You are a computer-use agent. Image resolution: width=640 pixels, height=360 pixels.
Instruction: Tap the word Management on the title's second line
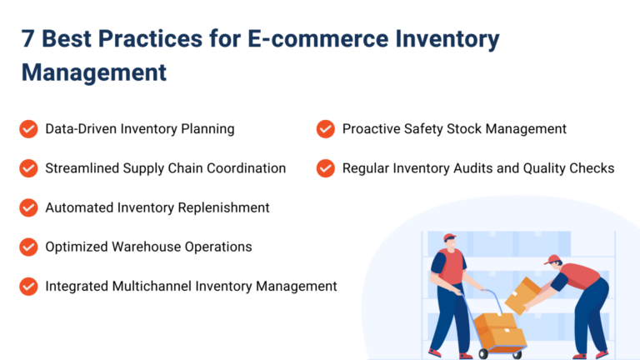(x=94, y=72)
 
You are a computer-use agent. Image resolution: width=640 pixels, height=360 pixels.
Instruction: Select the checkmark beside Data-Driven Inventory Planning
(x=29, y=129)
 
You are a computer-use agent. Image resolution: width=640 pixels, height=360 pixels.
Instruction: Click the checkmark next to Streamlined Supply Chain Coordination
(x=29, y=168)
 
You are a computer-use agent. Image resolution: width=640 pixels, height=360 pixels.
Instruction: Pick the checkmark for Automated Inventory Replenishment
(x=29, y=207)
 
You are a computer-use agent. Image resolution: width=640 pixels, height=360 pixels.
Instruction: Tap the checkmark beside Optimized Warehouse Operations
(x=29, y=247)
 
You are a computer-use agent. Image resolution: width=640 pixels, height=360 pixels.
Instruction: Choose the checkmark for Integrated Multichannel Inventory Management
(x=29, y=286)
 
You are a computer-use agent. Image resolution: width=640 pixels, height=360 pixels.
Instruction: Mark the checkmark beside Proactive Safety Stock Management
(x=326, y=129)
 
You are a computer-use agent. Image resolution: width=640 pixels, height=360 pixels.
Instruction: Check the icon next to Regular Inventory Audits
(x=326, y=168)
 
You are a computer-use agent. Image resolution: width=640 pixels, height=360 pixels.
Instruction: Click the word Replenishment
(x=224, y=207)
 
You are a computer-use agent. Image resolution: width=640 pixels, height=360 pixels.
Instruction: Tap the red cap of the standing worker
(x=450, y=238)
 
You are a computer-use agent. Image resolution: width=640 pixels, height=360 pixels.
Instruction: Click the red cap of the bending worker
(x=551, y=260)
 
